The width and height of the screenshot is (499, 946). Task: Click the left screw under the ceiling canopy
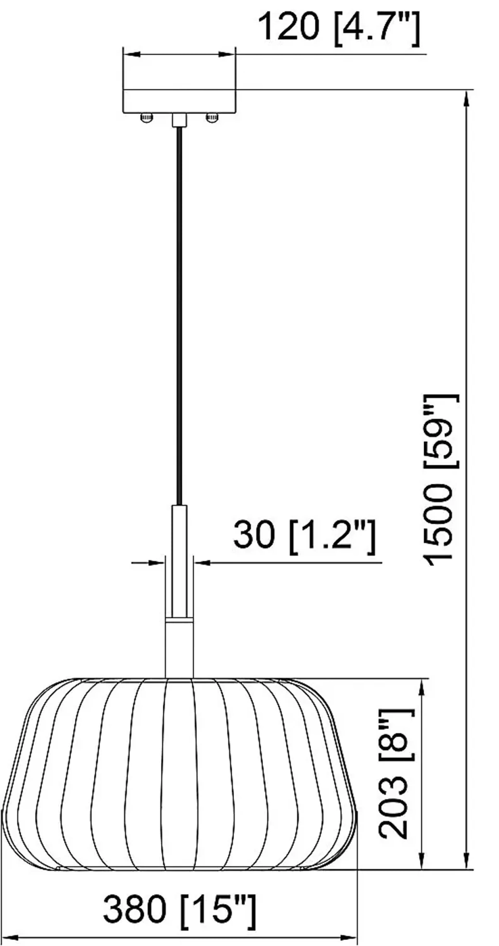click(x=146, y=118)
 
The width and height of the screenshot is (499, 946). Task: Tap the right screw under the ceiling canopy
click(x=212, y=118)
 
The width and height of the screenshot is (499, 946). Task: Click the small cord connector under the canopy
click(x=179, y=120)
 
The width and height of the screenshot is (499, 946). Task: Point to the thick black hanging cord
click(x=179, y=316)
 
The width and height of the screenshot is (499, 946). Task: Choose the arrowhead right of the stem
click(x=202, y=563)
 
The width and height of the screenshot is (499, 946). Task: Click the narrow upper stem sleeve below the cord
click(x=179, y=558)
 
